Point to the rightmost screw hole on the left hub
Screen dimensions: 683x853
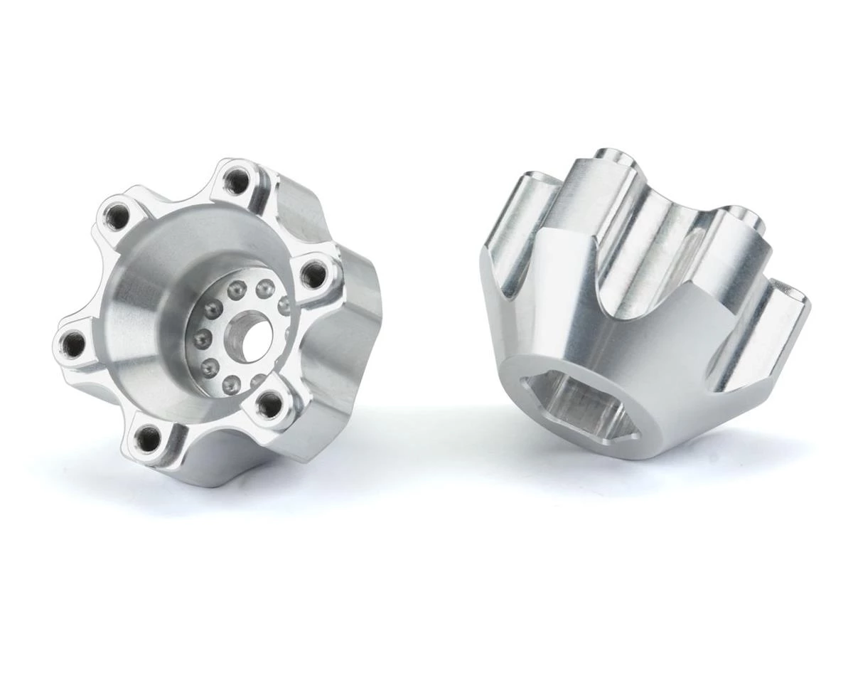[313, 271]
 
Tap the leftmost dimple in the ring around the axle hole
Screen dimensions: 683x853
[200, 336]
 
